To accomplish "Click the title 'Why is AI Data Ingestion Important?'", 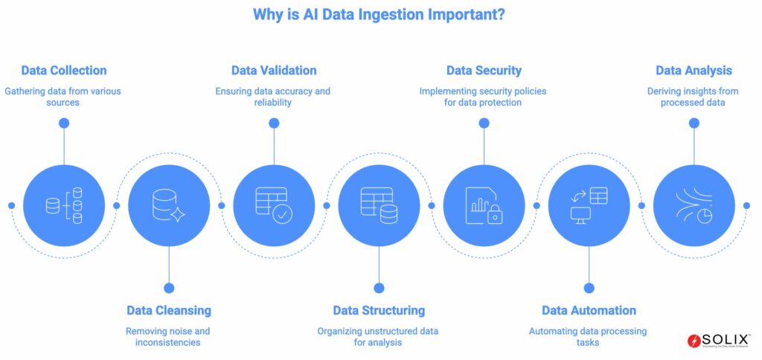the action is (x=380, y=15).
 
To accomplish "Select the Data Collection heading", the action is (x=64, y=71).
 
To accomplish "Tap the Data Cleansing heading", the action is (x=169, y=310).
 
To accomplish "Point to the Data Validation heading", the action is (x=274, y=71).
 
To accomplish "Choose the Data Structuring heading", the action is (x=379, y=310).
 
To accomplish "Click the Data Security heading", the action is (x=484, y=71).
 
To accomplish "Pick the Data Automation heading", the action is (x=589, y=310).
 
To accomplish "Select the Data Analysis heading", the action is (x=694, y=71).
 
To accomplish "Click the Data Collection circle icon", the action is (x=64, y=205).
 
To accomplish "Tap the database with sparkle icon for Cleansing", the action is (x=169, y=205).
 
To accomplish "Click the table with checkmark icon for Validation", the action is (x=274, y=205).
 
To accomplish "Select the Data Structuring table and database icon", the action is (x=379, y=205).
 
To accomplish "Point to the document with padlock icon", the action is (x=484, y=205).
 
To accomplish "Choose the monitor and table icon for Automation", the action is (x=589, y=205).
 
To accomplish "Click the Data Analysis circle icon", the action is (x=694, y=205).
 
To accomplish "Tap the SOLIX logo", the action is (x=719, y=340).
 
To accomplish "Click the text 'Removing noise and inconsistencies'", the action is (x=168, y=336).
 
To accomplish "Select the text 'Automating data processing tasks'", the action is (x=588, y=336).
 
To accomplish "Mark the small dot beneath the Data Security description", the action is (x=484, y=123).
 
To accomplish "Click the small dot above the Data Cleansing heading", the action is (x=169, y=288).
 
